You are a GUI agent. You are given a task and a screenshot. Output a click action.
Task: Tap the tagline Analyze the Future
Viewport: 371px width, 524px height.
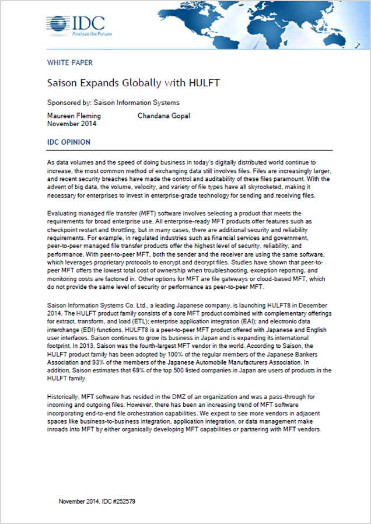[x=88, y=34]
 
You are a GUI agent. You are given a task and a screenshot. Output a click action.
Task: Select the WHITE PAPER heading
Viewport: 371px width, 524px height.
[x=69, y=63]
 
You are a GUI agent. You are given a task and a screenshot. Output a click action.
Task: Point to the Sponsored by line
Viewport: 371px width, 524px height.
[x=113, y=103]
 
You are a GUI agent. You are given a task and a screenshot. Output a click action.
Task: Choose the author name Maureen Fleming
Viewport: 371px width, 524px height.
[x=73, y=116]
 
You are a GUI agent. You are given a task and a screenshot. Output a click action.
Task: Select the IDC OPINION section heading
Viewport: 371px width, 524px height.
[x=69, y=142]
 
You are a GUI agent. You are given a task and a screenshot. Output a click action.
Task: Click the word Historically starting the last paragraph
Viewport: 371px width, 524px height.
[x=63, y=397]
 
